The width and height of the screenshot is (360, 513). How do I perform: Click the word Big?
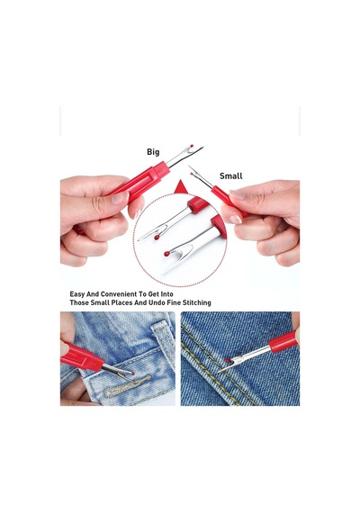coord(153,152)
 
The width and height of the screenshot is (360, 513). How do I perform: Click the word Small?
coord(230,176)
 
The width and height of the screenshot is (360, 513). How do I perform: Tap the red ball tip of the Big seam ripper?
coord(192,146)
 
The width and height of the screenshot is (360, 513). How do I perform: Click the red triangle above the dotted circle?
coord(181,187)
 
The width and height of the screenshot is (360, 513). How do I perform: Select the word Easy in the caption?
coord(77,294)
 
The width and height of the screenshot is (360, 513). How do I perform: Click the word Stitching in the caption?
coord(197,302)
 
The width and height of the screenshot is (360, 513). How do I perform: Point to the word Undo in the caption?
coord(157,302)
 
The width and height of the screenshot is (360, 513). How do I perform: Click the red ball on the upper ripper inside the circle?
coord(157,238)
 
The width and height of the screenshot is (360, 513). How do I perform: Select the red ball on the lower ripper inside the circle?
coord(166,254)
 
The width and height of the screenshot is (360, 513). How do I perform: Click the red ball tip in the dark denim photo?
coord(228,360)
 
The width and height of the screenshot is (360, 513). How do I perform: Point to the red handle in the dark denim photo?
coord(283,341)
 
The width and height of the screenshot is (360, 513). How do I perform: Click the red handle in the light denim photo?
coord(82,357)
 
